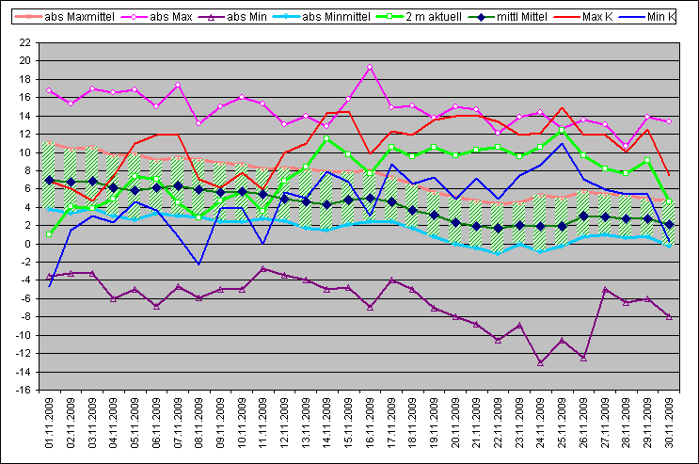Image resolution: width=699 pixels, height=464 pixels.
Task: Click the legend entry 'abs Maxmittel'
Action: point(65,17)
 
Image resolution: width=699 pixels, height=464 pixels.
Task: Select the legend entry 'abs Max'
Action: point(157,17)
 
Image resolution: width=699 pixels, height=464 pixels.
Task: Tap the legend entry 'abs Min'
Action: point(232,17)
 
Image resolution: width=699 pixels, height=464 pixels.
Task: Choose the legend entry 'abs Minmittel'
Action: point(322,17)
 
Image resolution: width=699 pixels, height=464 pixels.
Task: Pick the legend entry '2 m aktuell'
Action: point(419,17)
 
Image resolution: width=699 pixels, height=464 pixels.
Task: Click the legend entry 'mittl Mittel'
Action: point(508,17)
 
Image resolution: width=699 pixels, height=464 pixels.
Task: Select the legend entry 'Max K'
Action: point(583,17)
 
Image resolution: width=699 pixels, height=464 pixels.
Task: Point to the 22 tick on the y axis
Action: point(24,43)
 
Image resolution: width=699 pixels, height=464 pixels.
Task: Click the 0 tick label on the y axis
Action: point(27,244)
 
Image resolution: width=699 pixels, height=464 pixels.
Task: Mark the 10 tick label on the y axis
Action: point(24,152)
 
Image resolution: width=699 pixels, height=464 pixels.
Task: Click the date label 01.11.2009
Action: point(49,423)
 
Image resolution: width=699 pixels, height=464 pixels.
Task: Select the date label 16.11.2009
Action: point(370,423)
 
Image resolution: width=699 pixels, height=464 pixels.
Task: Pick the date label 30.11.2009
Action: point(669,423)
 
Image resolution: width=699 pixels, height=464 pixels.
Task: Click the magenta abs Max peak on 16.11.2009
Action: point(370,67)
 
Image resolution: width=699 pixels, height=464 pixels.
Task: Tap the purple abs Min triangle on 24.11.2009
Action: point(540,362)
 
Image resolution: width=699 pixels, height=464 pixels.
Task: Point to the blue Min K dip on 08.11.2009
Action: point(199,264)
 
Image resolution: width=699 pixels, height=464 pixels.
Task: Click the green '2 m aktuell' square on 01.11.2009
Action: point(49,234)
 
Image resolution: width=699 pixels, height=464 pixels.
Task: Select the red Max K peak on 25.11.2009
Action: point(562,108)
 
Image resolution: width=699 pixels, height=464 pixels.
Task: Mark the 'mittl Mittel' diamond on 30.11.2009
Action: point(669,224)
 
